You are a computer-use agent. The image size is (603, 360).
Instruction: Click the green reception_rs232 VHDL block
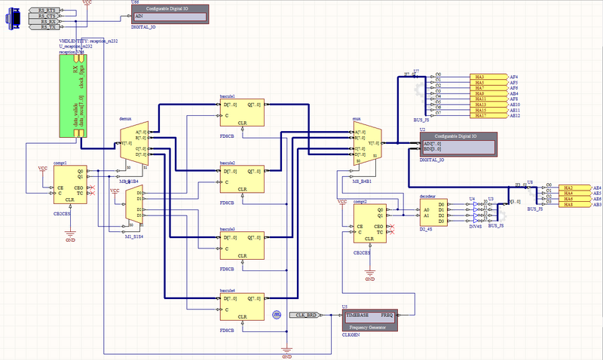tap(75, 95)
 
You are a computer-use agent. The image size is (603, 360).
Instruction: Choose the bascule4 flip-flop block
tap(240, 308)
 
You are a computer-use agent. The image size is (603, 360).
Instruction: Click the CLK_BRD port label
tap(305, 316)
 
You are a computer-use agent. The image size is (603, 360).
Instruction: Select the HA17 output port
tap(490, 116)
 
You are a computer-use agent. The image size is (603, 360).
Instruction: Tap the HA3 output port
tap(490, 77)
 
